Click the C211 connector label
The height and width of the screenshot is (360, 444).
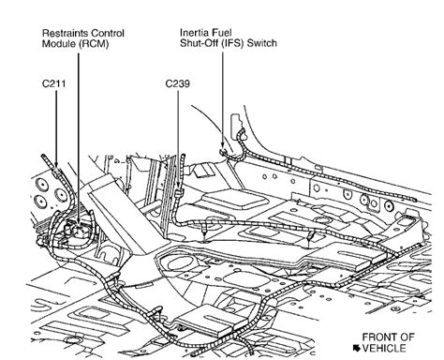click(x=54, y=83)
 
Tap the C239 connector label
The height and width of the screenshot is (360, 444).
click(x=177, y=83)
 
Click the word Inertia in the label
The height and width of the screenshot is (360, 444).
click(x=193, y=33)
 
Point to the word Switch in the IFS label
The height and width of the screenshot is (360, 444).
click(x=261, y=43)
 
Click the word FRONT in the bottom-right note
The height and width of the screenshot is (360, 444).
click(x=378, y=337)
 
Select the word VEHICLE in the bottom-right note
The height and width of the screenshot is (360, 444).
click(x=384, y=348)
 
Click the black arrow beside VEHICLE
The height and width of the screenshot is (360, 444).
click(x=356, y=348)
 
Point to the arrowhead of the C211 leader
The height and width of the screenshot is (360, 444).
click(x=56, y=164)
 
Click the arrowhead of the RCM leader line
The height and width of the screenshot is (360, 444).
click(x=78, y=222)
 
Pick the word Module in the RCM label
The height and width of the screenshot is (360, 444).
click(x=59, y=44)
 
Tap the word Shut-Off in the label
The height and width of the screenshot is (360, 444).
click(x=200, y=43)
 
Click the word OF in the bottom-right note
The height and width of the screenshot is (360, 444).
click(x=407, y=337)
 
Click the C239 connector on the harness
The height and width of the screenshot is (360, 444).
click(x=178, y=193)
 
